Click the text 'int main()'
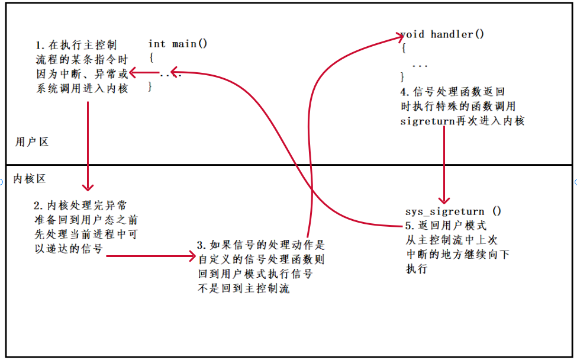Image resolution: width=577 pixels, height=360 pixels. pos(178,44)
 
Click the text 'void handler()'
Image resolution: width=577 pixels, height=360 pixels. pos(442,34)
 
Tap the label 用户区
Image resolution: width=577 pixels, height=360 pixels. pos(31,142)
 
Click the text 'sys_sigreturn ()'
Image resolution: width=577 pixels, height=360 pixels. pos(453,211)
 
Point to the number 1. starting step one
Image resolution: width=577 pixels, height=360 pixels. pos(40,45)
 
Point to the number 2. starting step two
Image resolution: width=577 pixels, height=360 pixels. pos(38,205)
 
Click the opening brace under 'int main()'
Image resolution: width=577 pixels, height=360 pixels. pos(151,58)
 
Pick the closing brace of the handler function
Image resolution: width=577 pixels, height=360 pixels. pos(403,77)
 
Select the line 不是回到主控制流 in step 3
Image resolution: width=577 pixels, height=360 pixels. pos(244,290)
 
